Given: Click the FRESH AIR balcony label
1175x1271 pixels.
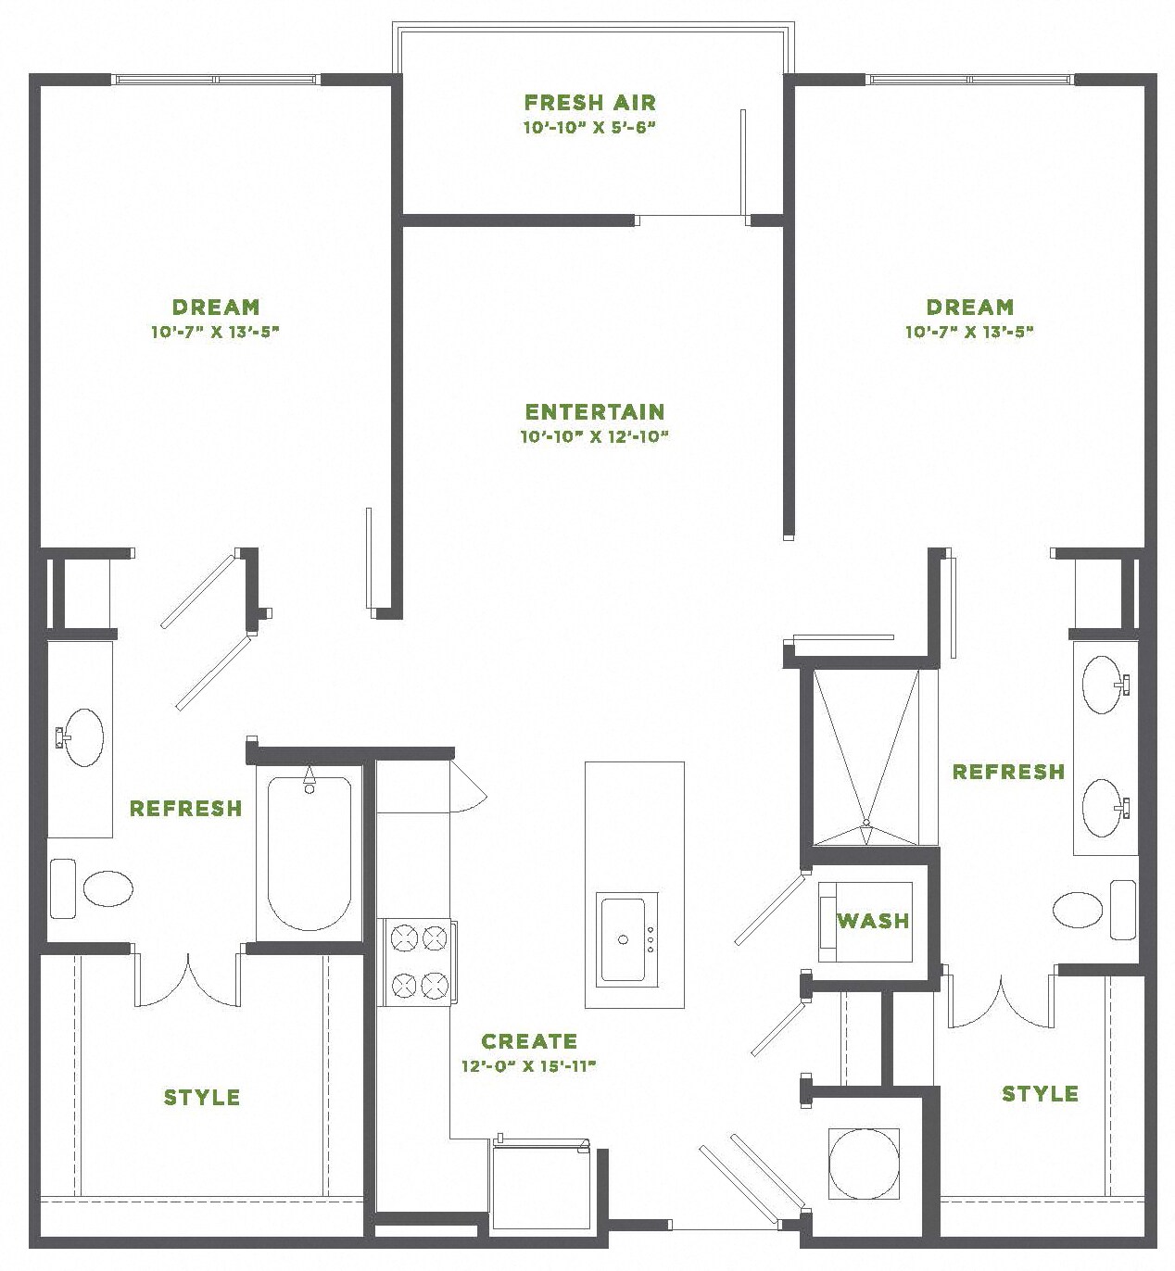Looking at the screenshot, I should [x=589, y=102].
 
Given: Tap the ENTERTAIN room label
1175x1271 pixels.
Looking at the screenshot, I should [x=594, y=411].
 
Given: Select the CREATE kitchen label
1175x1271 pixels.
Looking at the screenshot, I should [x=528, y=1041].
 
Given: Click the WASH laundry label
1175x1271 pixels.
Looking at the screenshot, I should [x=873, y=921].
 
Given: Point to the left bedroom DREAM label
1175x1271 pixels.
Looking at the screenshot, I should [x=215, y=307].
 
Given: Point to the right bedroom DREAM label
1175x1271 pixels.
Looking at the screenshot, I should [x=969, y=307].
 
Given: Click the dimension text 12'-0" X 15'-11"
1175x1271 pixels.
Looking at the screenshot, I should [x=528, y=1066].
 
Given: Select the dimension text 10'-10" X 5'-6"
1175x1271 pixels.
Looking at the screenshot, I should [x=589, y=128].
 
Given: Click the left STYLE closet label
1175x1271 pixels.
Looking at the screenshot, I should [x=202, y=1098].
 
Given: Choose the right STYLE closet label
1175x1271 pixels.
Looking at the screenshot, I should [x=1040, y=1094].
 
